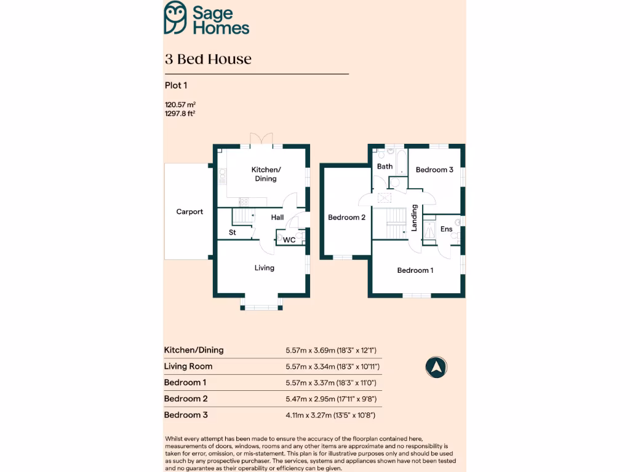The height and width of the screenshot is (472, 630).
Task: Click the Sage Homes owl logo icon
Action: coord(176,18)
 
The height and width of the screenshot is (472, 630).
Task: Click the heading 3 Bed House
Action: coord(208,59)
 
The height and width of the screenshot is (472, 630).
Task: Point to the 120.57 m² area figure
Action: coord(180,105)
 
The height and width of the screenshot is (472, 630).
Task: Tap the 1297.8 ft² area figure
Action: coord(180,113)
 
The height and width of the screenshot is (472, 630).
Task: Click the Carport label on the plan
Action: coord(189,211)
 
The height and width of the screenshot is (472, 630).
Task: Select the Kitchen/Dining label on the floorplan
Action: coord(266,174)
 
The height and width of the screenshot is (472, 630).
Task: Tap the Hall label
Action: coord(277,218)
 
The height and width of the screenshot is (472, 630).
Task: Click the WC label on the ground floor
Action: coord(289,240)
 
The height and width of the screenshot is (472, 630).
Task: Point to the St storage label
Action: coord(233,232)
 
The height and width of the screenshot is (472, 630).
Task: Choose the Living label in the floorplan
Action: coord(265,267)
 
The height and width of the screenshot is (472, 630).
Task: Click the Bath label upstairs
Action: coord(385,167)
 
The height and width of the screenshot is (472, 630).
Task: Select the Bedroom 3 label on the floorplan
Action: coord(434,170)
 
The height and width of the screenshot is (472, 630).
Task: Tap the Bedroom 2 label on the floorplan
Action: coord(346,217)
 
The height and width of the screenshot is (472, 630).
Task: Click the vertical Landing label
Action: coord(415,218)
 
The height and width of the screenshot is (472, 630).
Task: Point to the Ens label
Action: coord(447,229)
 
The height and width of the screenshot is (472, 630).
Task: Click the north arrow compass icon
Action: coord(436,367)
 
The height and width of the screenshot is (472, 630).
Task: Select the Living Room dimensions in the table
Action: coord(332,367)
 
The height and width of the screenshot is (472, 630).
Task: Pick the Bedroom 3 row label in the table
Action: coord(186,415)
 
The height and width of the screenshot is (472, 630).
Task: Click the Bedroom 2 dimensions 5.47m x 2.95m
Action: coord(331,399)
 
